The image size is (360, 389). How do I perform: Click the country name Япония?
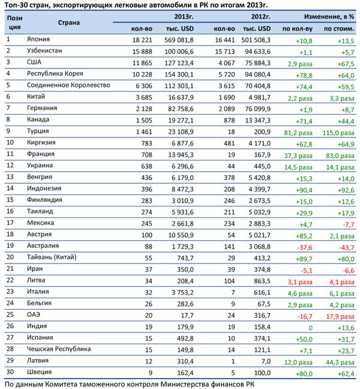38,40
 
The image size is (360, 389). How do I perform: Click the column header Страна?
70,22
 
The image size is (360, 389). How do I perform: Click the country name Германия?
42,108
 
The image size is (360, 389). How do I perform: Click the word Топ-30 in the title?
16,5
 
